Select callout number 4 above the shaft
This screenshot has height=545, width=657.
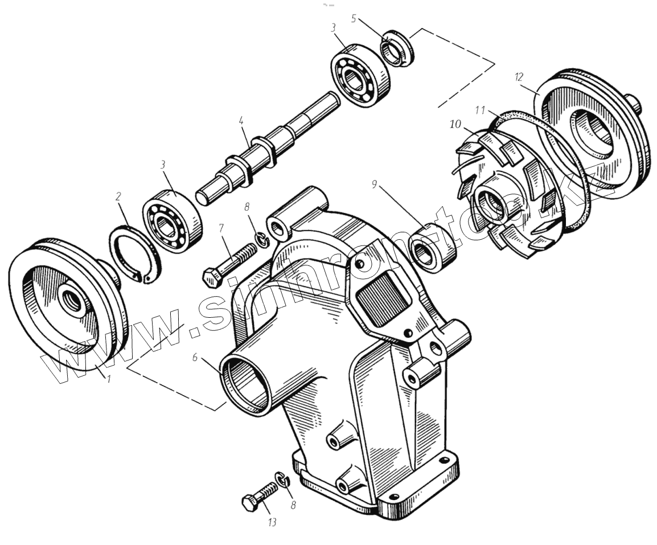241,121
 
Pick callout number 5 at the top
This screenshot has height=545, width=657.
354,18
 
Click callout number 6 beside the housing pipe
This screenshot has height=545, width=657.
195,358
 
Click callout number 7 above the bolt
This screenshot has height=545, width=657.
222,228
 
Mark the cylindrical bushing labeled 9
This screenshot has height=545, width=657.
434,249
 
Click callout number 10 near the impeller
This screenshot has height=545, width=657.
454,124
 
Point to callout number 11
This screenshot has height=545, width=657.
480,108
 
